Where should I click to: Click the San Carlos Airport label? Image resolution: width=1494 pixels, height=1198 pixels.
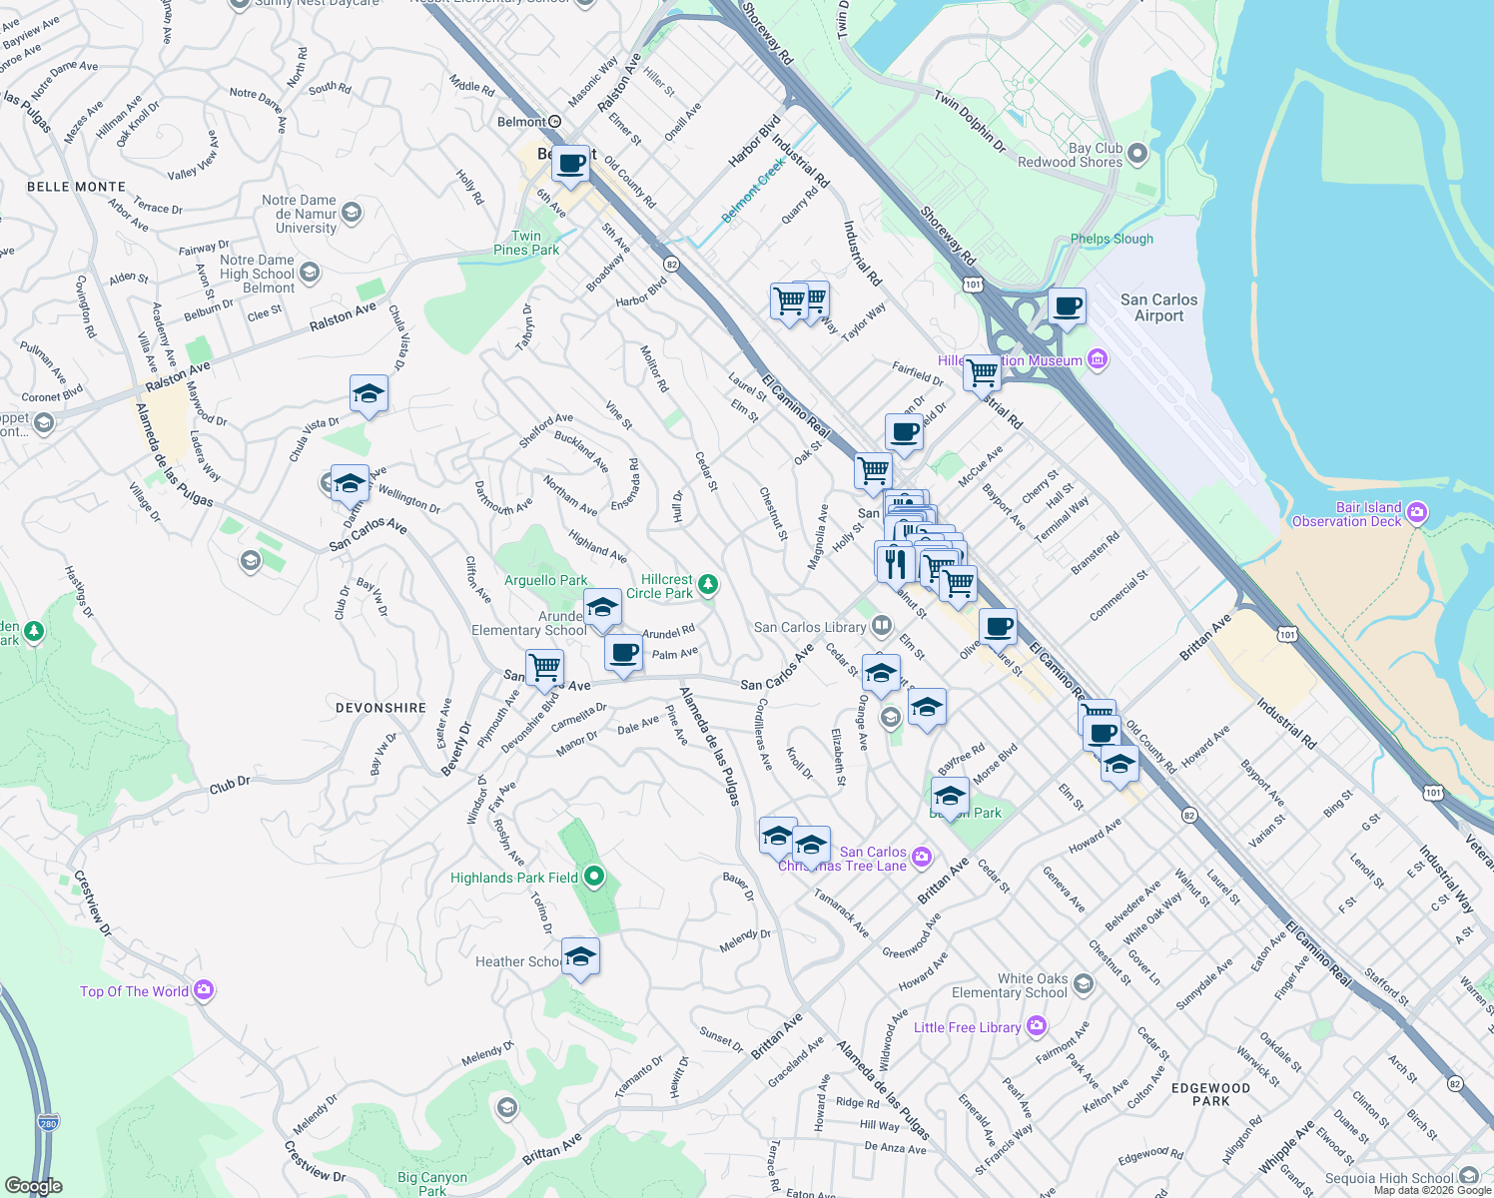click(1158, 307)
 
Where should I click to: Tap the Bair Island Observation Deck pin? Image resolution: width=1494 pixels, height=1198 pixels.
click(1417, 514)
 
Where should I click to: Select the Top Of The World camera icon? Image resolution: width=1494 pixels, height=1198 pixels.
click(204, 990)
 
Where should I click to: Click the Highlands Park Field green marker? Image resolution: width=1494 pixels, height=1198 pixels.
click(594, 878)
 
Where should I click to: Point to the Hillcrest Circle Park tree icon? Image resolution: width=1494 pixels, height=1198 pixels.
click(708, 584)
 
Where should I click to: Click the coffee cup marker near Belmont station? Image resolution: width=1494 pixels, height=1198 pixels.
click(571, 164)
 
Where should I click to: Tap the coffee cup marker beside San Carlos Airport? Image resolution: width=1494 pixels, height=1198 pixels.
click(1067, 306)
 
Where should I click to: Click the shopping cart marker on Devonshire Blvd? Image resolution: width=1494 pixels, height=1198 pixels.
click(545, 667)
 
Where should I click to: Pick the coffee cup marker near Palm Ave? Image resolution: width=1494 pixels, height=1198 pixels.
click(624, 654)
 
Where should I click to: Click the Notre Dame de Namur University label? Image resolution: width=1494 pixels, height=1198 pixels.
click(299, 214)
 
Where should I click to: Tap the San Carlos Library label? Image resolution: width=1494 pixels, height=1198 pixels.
click(810, 627)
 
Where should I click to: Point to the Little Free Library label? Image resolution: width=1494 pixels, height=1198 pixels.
click(967, 1027)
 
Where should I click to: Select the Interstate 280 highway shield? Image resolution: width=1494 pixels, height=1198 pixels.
click(49, 1123)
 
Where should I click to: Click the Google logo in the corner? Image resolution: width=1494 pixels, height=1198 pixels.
click(33, 1186)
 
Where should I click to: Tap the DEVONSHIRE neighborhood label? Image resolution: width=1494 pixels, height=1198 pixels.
click(380, 708)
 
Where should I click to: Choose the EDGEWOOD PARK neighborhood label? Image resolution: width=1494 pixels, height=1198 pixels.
click(1210, 1094)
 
